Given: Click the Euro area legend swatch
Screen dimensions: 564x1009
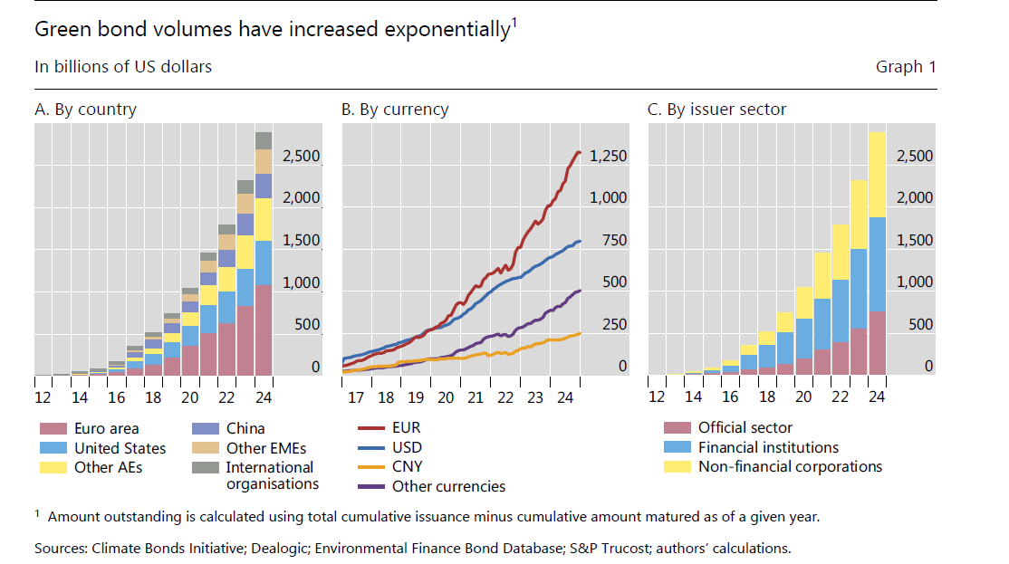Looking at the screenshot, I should tap(52, 428).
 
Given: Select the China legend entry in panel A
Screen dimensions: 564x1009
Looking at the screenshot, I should tap(245, 428).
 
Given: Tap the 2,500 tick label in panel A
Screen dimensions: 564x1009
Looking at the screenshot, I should tap(301, 157).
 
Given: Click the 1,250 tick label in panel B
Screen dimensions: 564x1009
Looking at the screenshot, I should tap(608, 157).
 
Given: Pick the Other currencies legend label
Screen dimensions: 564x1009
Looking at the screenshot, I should tap(448, 487).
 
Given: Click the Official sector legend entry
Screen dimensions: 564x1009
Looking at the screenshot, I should tap(745, 427).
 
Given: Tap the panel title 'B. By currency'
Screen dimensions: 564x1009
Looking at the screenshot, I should tap(394, 110).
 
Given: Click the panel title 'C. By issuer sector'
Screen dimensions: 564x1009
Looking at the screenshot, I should tap(716, 110).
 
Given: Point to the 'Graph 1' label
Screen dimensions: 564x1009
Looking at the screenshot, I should tap(906, 67).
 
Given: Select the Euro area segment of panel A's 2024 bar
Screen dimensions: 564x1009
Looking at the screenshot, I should tap(264, 330).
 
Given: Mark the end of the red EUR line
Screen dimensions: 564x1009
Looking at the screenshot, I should tap(580, 151).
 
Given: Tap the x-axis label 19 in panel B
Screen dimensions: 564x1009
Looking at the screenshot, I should tap(416, 398).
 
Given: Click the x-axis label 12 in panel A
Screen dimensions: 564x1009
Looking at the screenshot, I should tap(43, 398).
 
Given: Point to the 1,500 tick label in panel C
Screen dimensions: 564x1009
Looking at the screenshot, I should tap(915, 241).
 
